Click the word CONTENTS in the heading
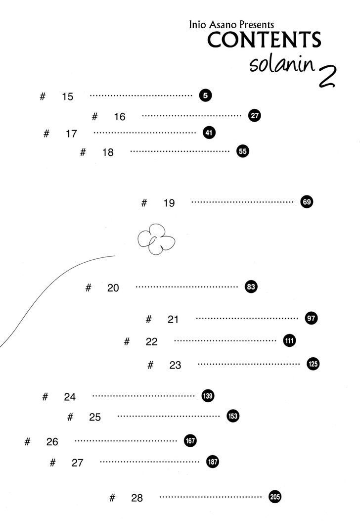[x=264, y=40]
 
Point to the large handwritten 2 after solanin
[x=327, y=76]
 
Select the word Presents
[x=257, y=25]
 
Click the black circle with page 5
[x=206, y=95]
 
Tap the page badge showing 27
[x=254, y=116]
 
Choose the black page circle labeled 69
[x=307, y=202]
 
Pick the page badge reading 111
[x=289, y=340]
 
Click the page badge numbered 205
[x=274, y=497]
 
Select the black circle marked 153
[x=233, y=416]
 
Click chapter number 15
[x=67, y=96]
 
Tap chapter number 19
[x=169, y=203]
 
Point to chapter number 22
[x=151, y=341]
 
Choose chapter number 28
[x=137, y=498]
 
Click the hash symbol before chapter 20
[x=88, y=287]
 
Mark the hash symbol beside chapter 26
[x=27, y=441]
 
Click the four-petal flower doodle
[x=156, y=239]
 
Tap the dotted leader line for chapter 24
[x=143, y=396]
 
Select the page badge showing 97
[x=311, y=318]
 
